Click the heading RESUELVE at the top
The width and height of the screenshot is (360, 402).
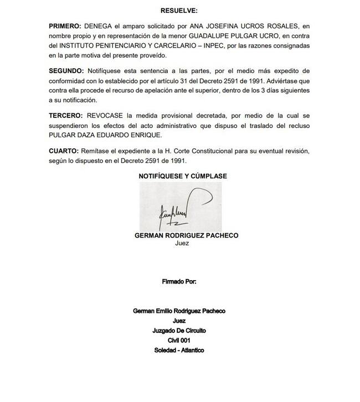pos(179,10)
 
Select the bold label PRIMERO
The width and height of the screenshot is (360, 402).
pos(64,26)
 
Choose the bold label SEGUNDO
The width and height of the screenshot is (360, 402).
pos(66,71)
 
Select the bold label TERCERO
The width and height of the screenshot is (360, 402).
pos(65,116)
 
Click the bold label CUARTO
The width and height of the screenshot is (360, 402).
pos(63,151)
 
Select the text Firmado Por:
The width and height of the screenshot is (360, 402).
pos(179,281)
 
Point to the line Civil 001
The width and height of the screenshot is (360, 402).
pos(179,341)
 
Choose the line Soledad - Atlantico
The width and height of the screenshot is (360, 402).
pos(179,351)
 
